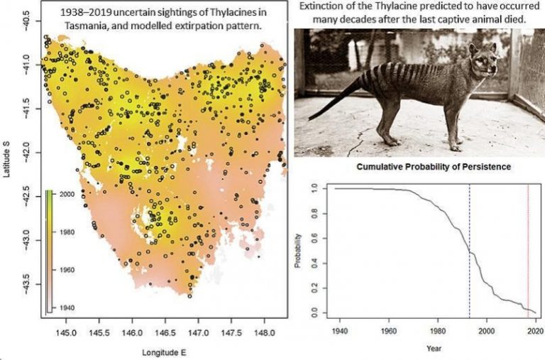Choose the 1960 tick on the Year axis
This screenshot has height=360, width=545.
[388, 331]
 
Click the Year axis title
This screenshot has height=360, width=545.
[433, 348]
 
